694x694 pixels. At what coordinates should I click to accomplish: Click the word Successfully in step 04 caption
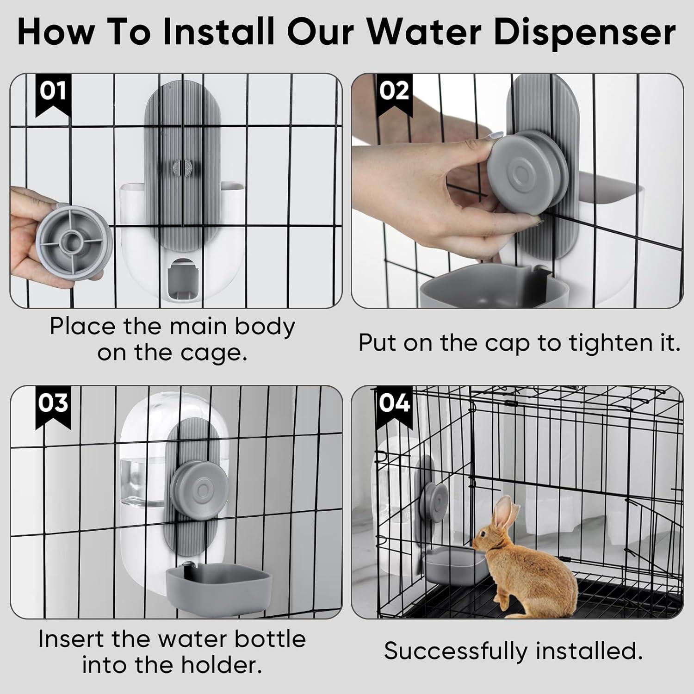click(x=456, y=651)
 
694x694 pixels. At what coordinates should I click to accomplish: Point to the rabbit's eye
click(x=484, y=535)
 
